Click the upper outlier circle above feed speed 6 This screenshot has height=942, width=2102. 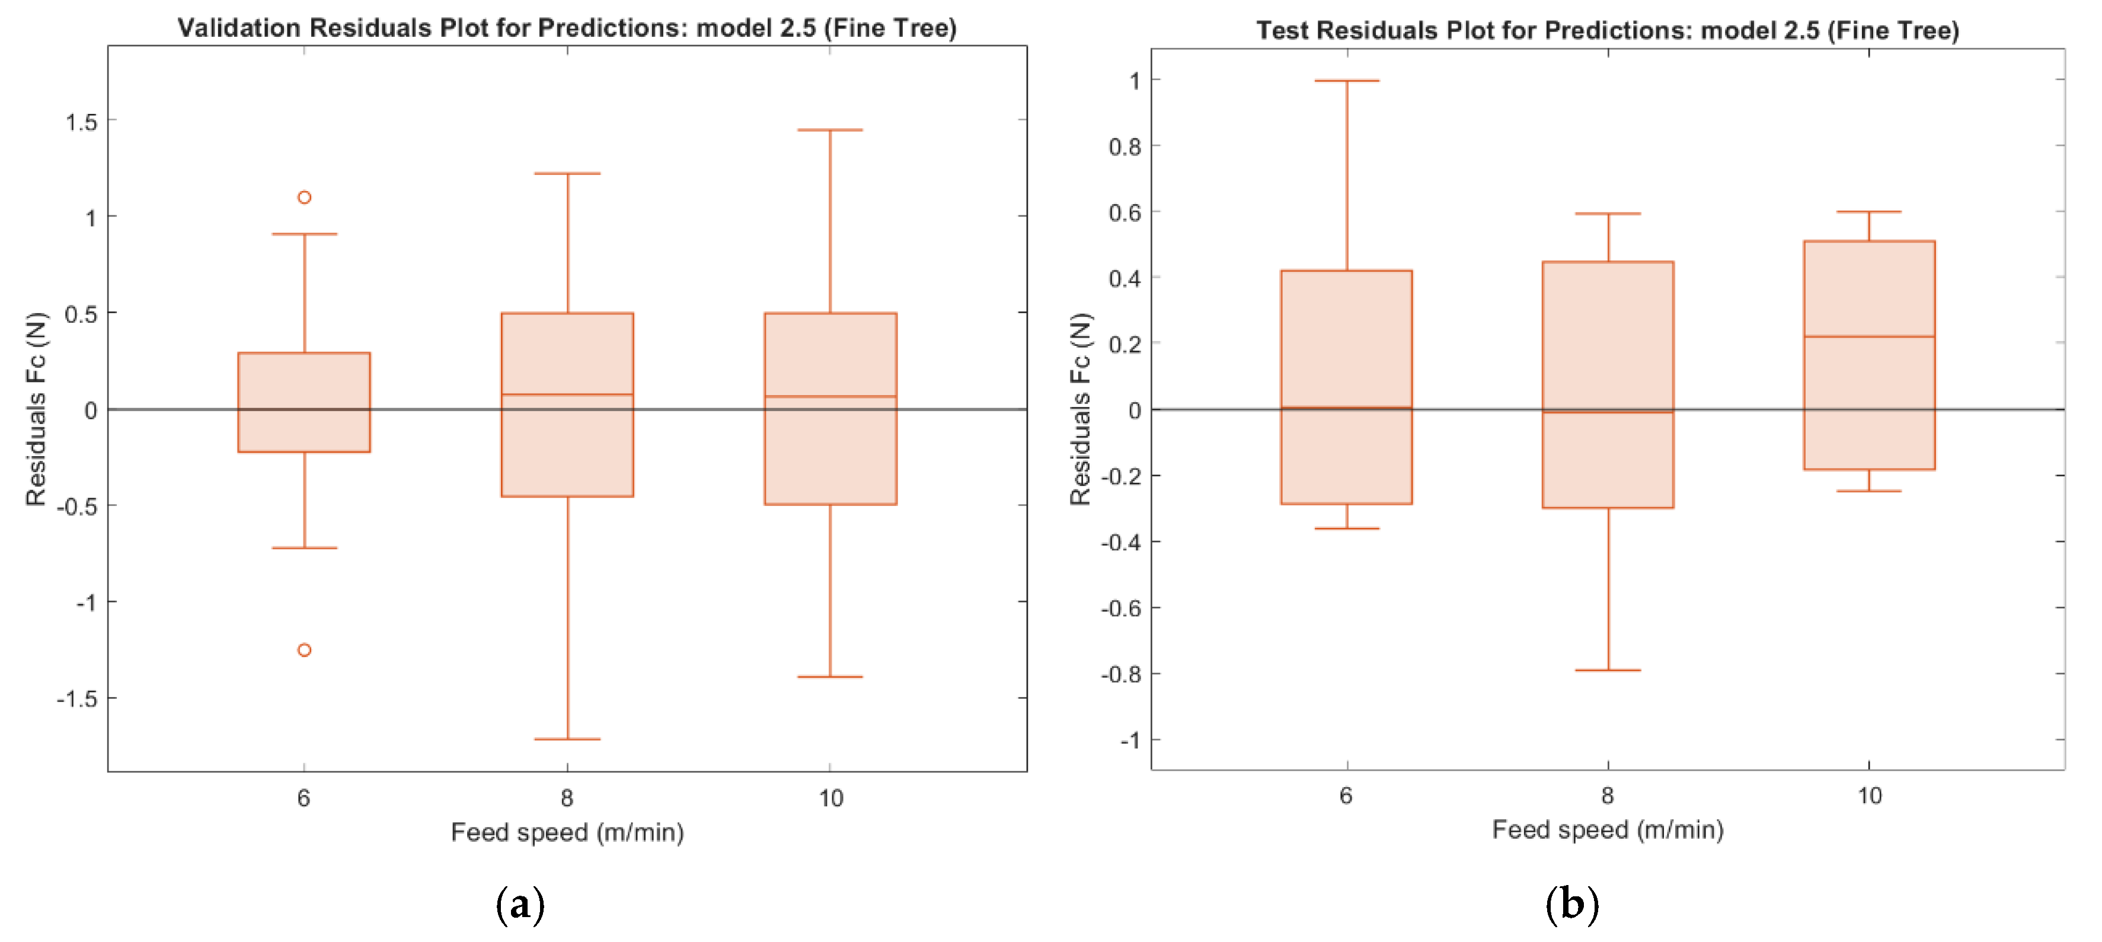(x=304, y=197)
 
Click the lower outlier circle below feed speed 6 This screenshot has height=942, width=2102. (x=304, y=650)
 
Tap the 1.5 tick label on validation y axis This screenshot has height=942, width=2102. (x=81, y=122)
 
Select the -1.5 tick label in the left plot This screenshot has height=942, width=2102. (x=76, y=699)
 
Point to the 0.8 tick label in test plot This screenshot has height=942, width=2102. (x=1125, y=147)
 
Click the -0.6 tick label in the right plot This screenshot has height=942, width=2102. (x=1120, y=608)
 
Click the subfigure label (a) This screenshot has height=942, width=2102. (x=520, y=905)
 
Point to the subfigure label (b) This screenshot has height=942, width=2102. (x=1571, y=905)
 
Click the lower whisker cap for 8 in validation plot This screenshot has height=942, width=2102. (x=567, y=739)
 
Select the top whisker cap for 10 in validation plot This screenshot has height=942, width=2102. (x=830, y=130)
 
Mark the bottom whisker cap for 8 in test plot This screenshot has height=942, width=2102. (x=1608, y=670)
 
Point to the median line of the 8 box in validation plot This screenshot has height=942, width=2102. (x=567, y=394)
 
